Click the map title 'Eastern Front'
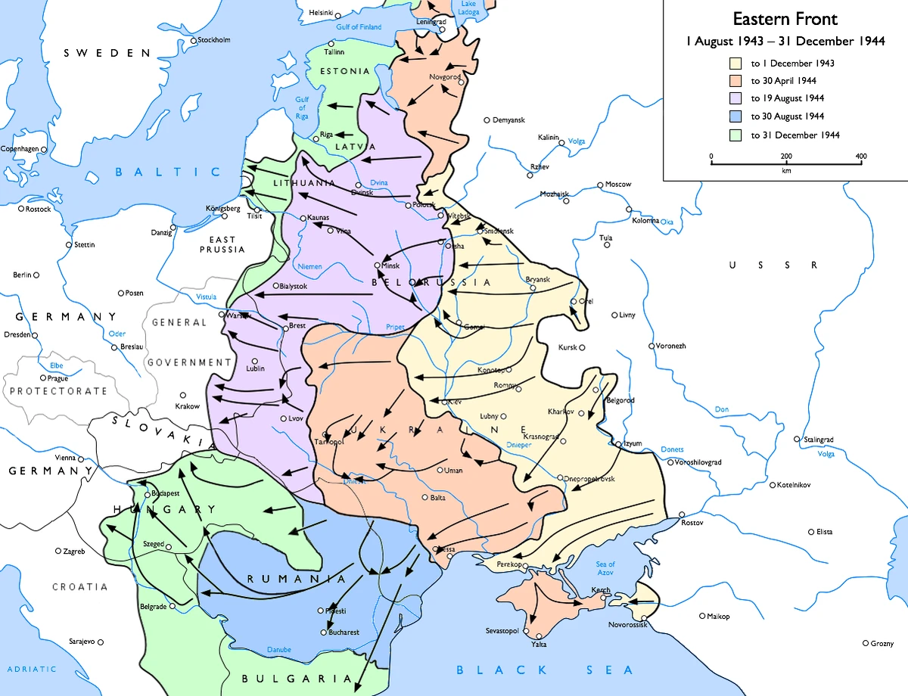(x=785, y=19)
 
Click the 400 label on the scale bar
(x=860, y=157)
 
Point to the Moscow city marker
(x=600, y=185)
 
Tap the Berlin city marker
(x=36, y=275)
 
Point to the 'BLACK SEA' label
(x=544, y=670)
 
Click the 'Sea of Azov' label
(x=605, y=569)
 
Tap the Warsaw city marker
(x=222, y=314)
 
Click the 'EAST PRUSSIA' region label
(x=222, y=244)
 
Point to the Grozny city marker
(x=866, y=643)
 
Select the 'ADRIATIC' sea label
(x=32, y=670)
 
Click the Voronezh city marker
(x=651, y=346)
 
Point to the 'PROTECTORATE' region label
(x=58, y=391)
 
